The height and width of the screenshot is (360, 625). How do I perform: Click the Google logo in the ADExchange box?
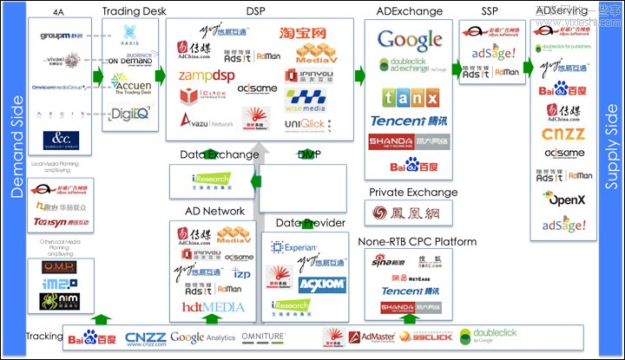click(x=409, y=40)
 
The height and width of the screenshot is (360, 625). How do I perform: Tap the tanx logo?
click(x=409, y=95)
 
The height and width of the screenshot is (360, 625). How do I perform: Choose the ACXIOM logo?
click(x=316, y=284)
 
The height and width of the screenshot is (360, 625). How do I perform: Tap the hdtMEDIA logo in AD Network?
click(x=212, y=306)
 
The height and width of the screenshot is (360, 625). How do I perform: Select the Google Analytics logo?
click(x=203, y=337)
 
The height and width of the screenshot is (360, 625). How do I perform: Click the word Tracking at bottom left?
click(x=43, y=336)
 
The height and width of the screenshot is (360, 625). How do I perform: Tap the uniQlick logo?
click(x=305, y=124)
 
